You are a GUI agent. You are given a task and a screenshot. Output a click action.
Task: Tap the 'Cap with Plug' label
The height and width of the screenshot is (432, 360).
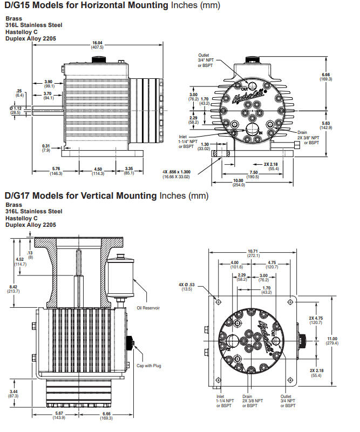point(150,366)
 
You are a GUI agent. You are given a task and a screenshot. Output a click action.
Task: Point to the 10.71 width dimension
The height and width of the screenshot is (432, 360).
point(253,253)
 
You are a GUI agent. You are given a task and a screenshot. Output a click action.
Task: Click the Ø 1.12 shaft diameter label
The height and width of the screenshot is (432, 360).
point(16,110)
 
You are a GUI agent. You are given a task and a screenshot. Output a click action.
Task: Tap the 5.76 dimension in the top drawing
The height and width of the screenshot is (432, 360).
point(56,171)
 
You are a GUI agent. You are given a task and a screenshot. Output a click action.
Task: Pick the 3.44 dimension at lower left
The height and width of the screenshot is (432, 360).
point(13,393)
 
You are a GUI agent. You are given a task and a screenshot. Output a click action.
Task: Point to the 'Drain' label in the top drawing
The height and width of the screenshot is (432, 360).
point(302,132)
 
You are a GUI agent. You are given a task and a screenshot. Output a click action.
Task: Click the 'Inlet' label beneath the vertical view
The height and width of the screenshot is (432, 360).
point(220,397)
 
